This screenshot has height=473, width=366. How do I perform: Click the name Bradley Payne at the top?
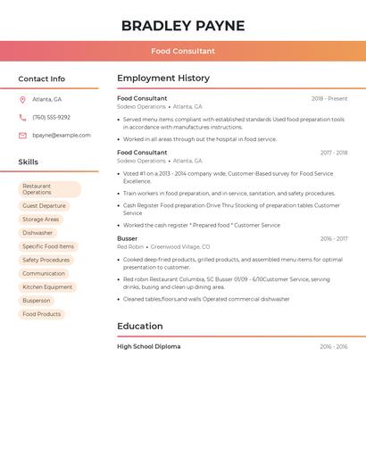tap(182, 25)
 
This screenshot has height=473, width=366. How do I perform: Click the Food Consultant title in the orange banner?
tap(182, 51)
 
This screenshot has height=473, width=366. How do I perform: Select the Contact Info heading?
tap(41, 79)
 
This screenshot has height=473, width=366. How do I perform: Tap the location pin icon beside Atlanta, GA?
tap(22, 100)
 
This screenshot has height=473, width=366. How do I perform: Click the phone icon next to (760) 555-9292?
tap(22, 118)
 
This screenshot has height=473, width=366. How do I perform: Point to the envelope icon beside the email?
tap(22, 136)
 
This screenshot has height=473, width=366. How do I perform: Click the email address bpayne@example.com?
tap(62, 136)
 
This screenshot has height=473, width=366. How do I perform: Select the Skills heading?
tap(29, 162)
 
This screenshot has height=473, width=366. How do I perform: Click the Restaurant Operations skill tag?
tap(49, 189)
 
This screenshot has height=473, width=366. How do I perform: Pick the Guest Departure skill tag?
tap(44, 206)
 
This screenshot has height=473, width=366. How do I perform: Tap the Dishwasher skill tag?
tap(38, 233)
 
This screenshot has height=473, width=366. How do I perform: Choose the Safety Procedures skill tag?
tap(46, 260)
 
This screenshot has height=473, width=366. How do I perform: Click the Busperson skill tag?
tap(37, 301)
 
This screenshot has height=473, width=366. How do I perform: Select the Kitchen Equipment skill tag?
tap(47, 287)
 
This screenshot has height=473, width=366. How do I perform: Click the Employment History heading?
tap(163, 79)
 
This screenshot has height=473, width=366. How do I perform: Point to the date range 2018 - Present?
tap(329, 99)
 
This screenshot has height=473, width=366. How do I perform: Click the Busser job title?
tap(128, 239)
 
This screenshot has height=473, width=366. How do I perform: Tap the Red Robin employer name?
tap(130, 247)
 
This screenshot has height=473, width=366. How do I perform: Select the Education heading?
tap(140, 327)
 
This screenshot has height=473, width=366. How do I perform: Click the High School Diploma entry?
tap(148, 346)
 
